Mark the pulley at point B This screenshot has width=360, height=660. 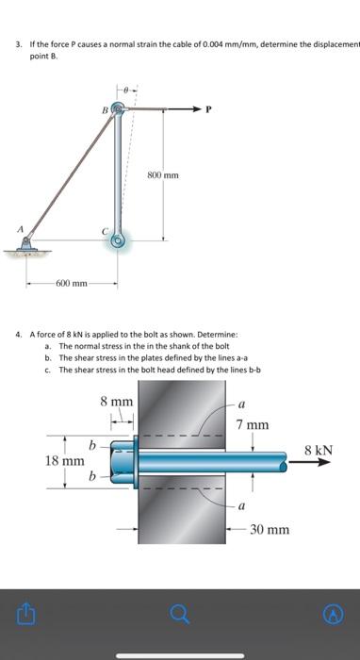(117, 110)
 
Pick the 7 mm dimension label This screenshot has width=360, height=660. (253, 425)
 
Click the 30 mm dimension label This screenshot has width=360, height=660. (270, 530)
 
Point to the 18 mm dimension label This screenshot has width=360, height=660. (65, 461)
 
